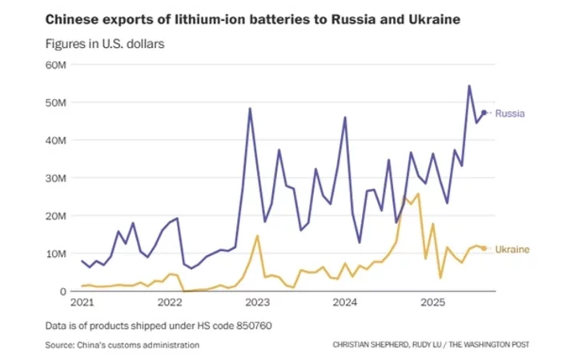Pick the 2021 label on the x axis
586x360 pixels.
pos(82,304)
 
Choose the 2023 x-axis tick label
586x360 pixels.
pos(258,304)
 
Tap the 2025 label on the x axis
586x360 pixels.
pos(433,304)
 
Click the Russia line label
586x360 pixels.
pos(510,114)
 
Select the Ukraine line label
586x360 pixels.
pos(512,250)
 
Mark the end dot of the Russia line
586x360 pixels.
pos(484,113)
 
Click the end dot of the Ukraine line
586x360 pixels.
pos(484,248)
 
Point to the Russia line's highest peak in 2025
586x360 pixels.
pos(469,86)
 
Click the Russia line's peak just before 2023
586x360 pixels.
pos(250,108)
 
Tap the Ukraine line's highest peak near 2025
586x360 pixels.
pos(418,194)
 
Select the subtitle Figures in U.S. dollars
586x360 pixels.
pos(104,44)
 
